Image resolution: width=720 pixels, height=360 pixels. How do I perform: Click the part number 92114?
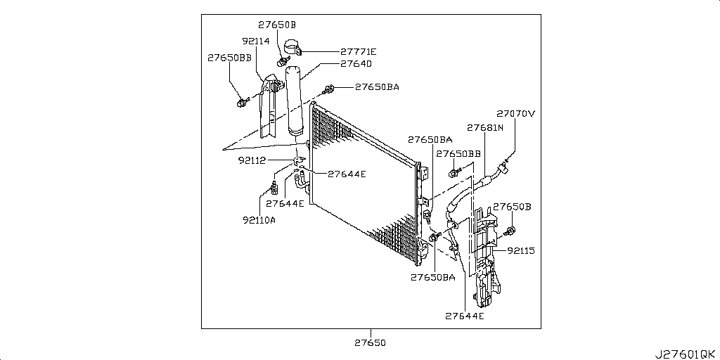click(256, 41)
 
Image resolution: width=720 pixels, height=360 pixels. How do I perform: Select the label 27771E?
click(358, 51)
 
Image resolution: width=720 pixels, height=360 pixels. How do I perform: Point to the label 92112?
click(252, 160)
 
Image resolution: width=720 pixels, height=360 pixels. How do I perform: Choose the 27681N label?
click(485, 128)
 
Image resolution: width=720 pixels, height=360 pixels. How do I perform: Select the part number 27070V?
click(515, 113)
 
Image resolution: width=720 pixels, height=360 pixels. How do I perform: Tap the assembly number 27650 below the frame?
click(371, 342)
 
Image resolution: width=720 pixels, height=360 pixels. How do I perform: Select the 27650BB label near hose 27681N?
click(458, 153)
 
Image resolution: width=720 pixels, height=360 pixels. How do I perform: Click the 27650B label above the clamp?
click(276, 25)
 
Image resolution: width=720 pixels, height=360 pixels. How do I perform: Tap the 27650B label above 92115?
click(511, 207)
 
